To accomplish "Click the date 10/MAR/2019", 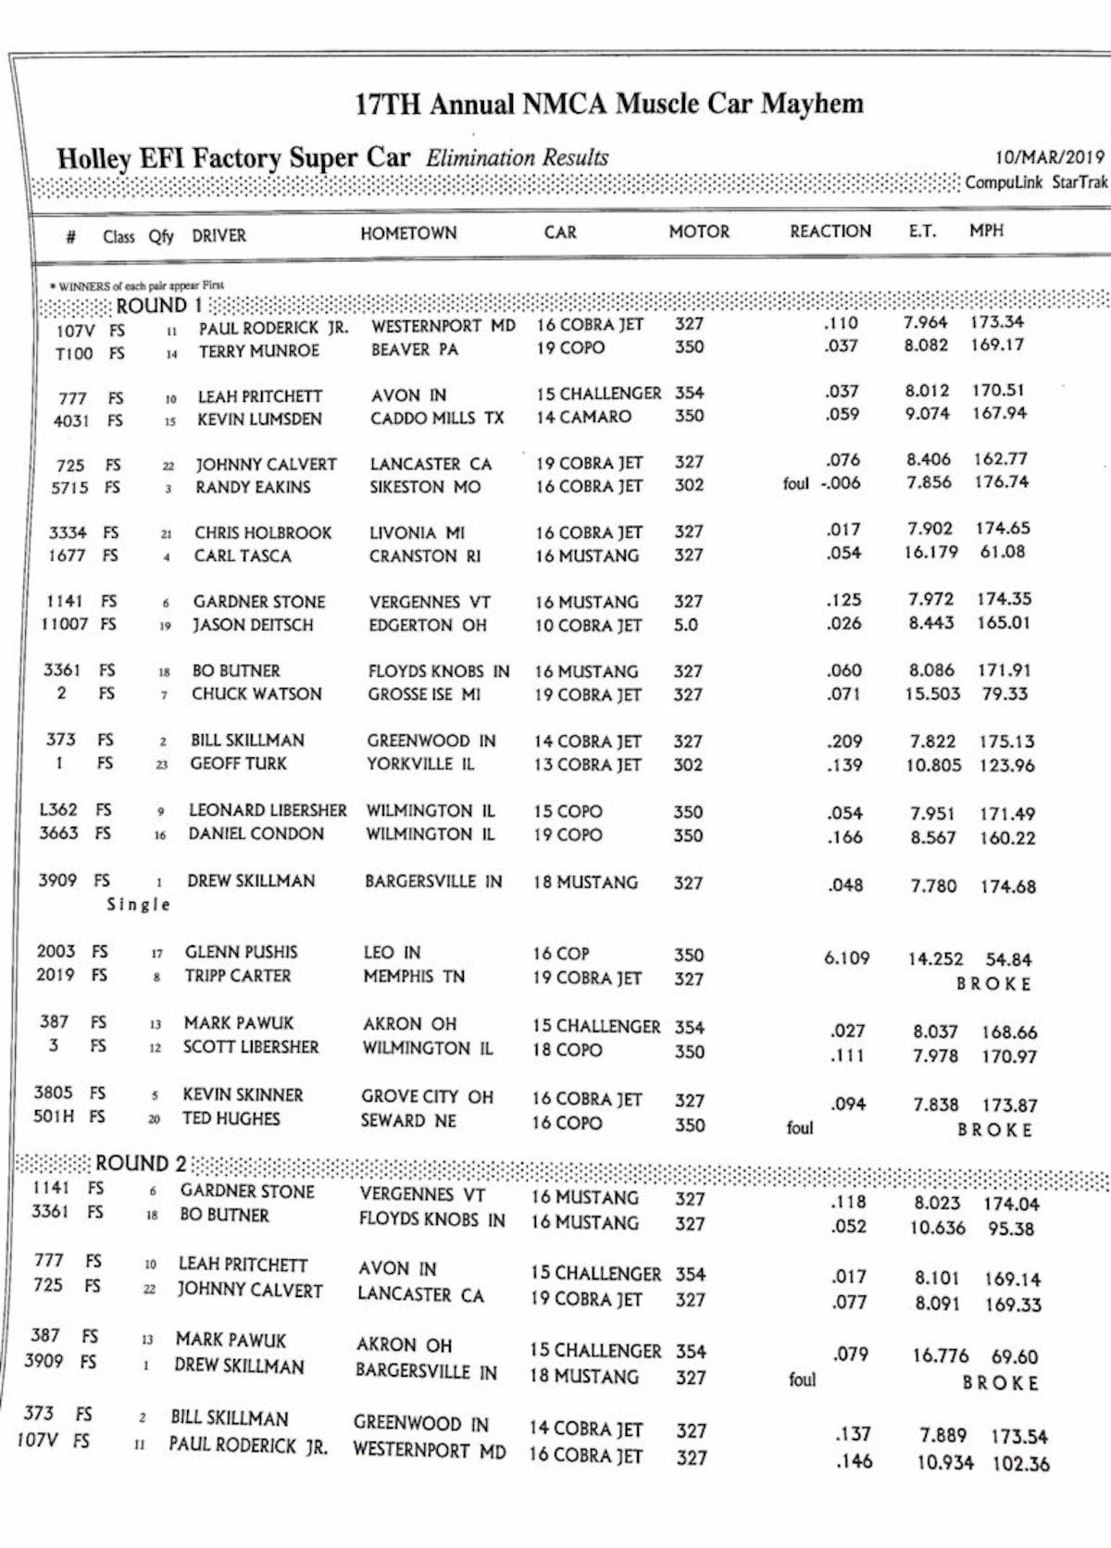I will pos(1049,157).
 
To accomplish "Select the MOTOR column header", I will pos(699,231).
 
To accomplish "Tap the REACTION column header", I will pos(830,231).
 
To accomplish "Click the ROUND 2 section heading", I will pos(140,1163).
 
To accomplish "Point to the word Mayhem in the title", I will pos(812,103).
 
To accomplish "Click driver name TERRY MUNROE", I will pos(258,351).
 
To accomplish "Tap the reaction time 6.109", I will pos(846,957).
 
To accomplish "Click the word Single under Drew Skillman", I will pos(139,905).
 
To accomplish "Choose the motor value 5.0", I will pos(686,625).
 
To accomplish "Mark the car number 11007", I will pos(65,624).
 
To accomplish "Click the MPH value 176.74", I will pos(1001,482).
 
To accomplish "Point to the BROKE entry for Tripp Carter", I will pos(993,984).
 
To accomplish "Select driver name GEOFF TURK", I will pos(238,764).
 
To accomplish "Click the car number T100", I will pos(74,353).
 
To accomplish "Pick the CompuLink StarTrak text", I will pos(1036,182).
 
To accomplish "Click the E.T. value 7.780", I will pos(933,886).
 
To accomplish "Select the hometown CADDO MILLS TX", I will pos(437,418).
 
